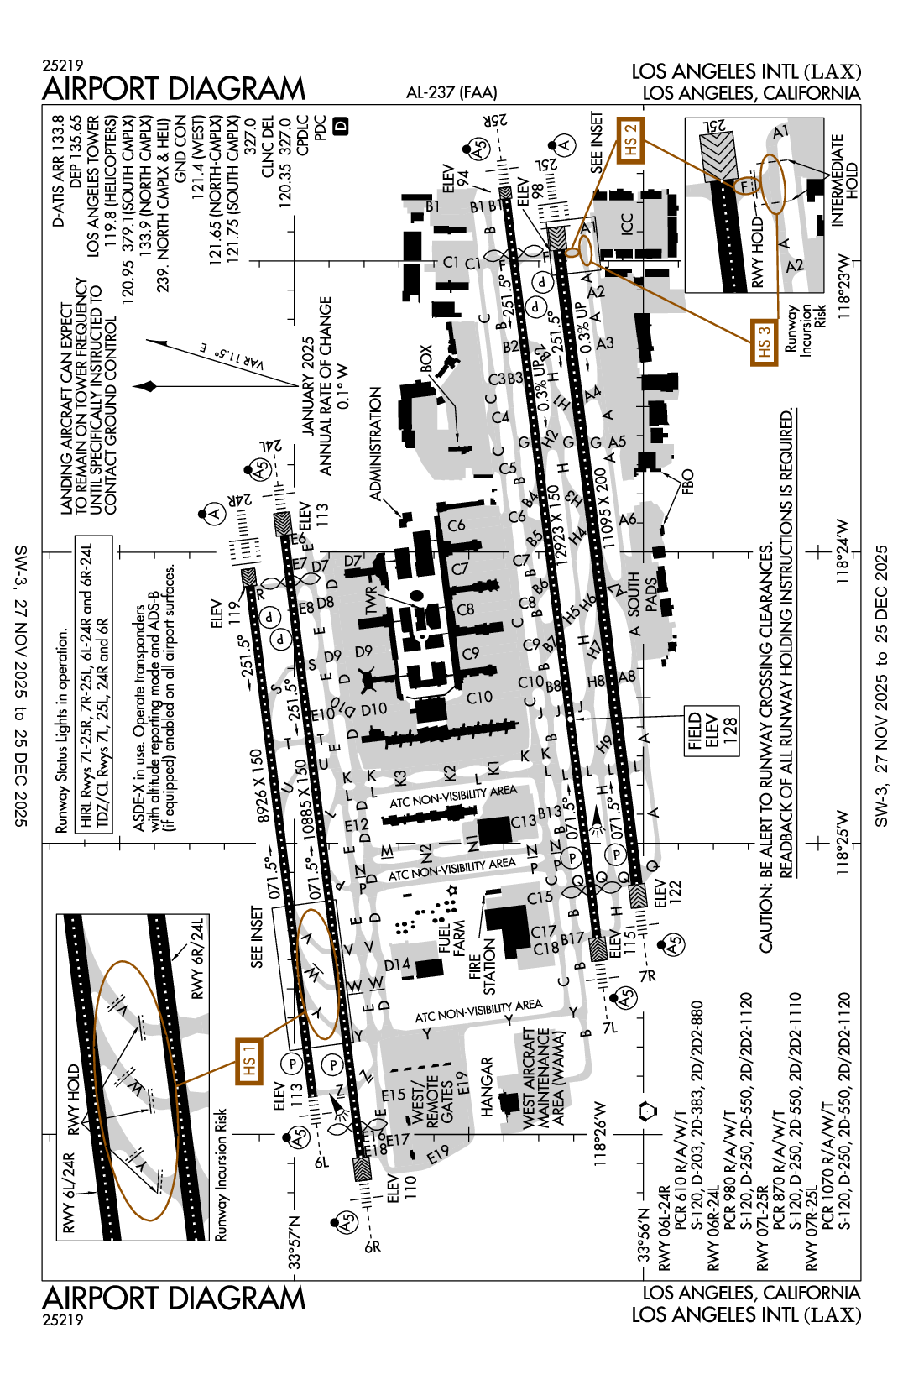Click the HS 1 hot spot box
point(249,1060)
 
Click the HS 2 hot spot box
point(631,140)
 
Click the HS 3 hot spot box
point(764,342)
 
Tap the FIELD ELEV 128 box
point(712,730)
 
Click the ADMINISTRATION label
point(376,443)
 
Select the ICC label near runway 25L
point(627,224)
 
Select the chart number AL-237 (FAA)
point(451,92)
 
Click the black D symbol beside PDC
point(342,126)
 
